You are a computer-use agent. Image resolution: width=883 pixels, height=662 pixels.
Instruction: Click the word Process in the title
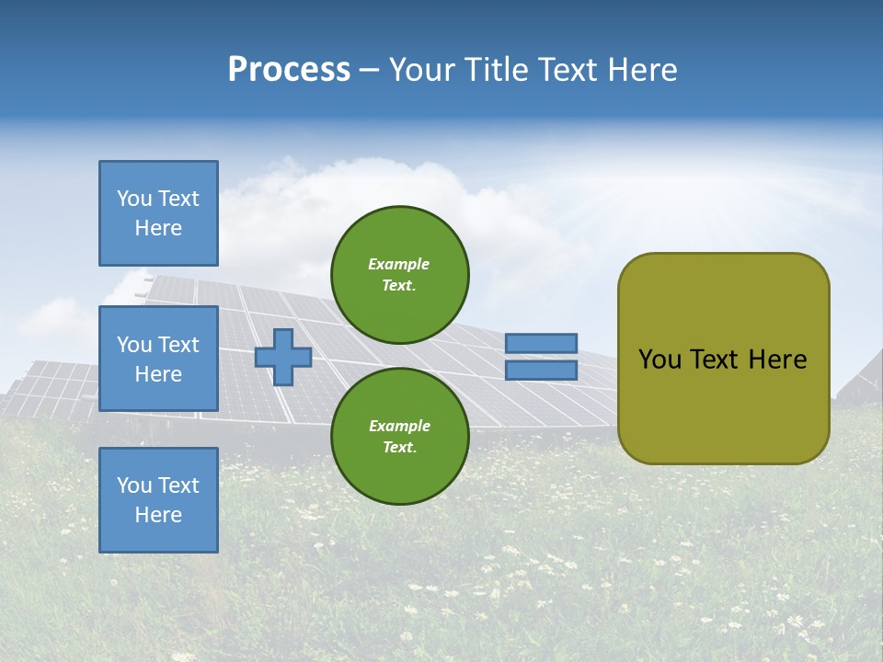click(289, 70)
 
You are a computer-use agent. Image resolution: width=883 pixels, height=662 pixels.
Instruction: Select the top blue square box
click(158, 213)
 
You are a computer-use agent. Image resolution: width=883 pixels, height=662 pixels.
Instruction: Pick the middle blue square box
click(158, 359)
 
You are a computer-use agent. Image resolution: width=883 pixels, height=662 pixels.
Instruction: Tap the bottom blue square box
click(158, 500)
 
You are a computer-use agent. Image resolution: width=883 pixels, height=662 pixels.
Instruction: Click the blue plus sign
click(283, 357)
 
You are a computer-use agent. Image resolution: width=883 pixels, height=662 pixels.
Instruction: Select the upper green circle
click(399, 274)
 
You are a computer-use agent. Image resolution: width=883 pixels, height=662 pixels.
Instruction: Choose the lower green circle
click(399, 436)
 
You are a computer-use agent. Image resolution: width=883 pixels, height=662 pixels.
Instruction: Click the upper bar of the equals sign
click(541, 343)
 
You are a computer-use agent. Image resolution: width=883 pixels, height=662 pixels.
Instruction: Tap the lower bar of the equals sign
click(541, 370)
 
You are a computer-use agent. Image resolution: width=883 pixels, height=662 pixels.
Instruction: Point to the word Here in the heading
click(641, 70)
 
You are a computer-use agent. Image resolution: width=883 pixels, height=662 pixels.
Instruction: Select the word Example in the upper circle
click(399, 264)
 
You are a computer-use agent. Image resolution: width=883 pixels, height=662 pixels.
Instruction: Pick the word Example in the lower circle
click(399, 426)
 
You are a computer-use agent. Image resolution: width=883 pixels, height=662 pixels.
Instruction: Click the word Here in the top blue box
click(158, 228)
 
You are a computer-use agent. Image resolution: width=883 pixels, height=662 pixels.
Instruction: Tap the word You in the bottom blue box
click(134, 485)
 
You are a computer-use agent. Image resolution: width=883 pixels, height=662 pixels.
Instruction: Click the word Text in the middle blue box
click(178, 345)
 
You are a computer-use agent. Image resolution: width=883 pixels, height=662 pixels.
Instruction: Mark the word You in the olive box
click(659, 360)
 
